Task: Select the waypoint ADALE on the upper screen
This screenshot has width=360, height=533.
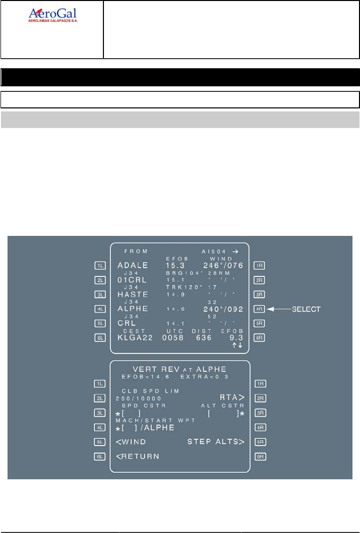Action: [x=133, y=265]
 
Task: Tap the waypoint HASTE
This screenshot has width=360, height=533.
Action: [x=133, y=295]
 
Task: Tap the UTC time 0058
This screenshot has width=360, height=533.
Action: [x=173, y=338]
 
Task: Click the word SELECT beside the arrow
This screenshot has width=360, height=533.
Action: [x=306, y=309]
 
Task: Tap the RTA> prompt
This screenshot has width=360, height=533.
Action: [x=232, y=397]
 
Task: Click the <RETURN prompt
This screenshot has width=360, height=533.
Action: [x=137, y=456]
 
